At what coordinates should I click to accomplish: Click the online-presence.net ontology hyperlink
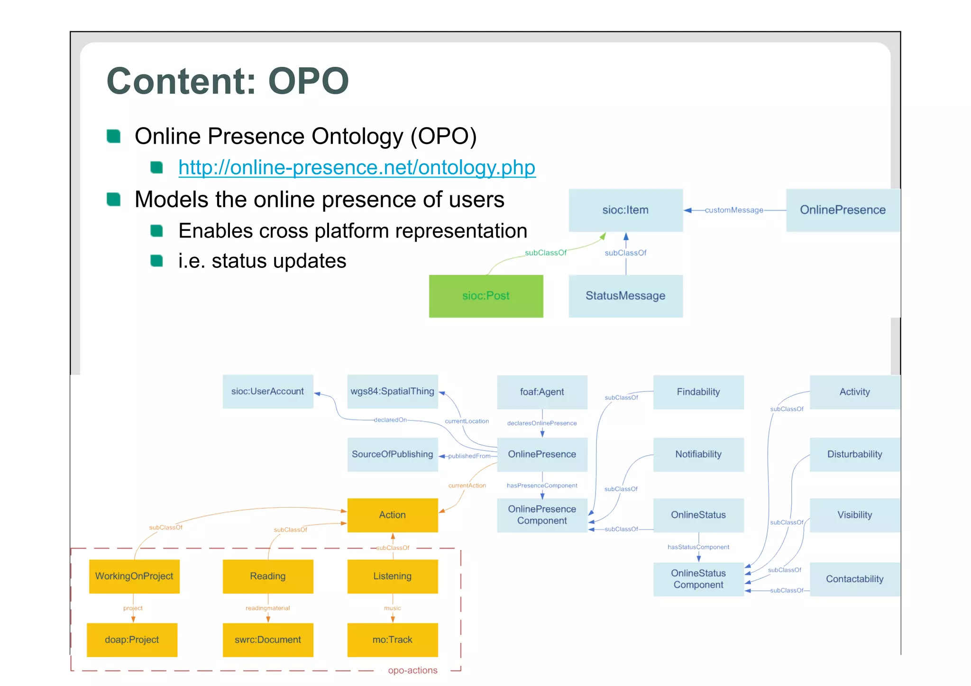pos(357,168)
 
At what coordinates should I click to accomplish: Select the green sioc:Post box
pos(485,296)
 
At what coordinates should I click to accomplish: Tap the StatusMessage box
pos(625,296)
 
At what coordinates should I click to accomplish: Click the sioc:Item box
pos(625,210)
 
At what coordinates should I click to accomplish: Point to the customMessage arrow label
pos(733,210)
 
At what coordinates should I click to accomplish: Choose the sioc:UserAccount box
pos(267,392)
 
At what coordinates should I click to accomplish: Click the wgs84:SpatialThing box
pos(392,392)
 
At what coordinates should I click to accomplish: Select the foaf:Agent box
pos(541,392)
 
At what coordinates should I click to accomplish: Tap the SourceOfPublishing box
pos(392,454)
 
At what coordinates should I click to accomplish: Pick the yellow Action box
pos(392,515)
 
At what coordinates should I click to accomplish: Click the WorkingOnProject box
pos(134,576)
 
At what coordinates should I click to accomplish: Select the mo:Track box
pos(392,640)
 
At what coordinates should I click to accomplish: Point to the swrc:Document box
pos(267,640)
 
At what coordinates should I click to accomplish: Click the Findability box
pos(698,392)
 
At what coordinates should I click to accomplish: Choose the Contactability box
pos(854,579)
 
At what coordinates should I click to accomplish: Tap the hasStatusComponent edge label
pos(698,547)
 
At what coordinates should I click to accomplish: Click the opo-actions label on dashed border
pos(412,670)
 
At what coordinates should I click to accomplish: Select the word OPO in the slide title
pos(309,81)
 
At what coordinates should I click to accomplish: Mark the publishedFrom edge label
pos(469,456)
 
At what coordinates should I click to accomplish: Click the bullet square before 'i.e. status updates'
pos(156,261)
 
